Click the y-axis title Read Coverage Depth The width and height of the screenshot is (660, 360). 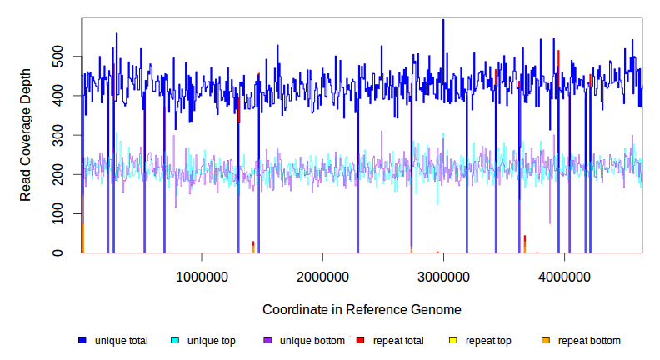pos(26,135)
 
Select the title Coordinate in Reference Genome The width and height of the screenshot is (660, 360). pos(362,309)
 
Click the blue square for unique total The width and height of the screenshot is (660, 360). pos(82,341)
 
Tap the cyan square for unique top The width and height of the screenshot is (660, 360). pos(175,341)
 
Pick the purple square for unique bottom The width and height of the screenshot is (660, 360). pos(267,341)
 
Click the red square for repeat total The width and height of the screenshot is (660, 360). pos(360,341)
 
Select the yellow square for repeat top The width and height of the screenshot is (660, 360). pos(453,341)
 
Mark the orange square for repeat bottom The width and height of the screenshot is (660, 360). pos(546,341)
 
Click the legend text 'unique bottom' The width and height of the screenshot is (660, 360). pos(307,341)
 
